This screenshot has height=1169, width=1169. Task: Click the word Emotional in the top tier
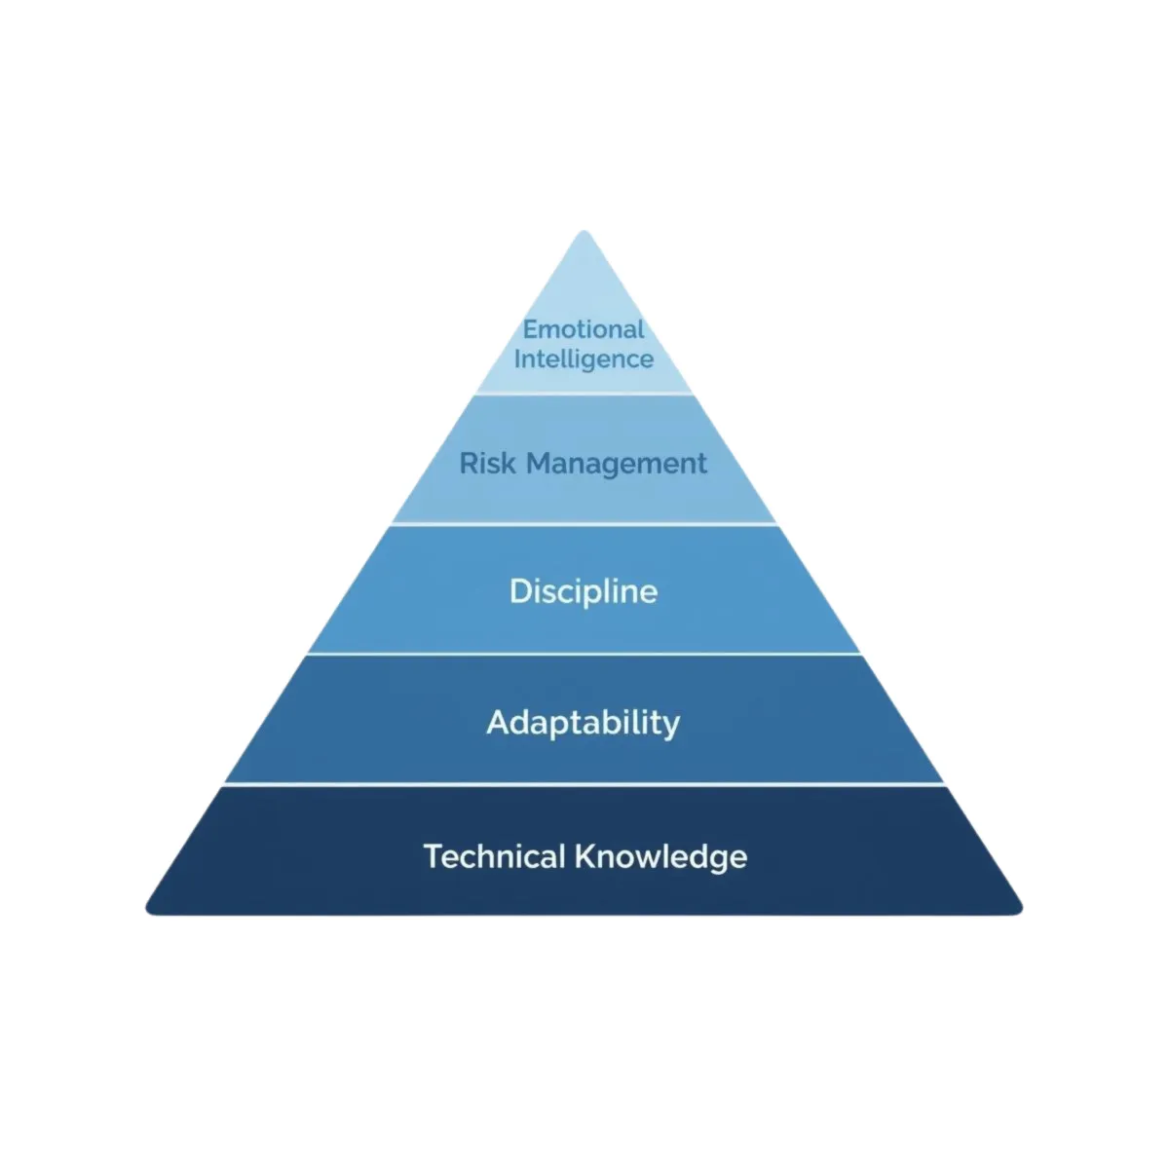(x=584, y=329)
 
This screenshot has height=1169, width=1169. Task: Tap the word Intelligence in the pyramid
(x=584, y=359)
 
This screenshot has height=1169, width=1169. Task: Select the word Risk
(x=487, y=463)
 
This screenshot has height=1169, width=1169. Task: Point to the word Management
(x=617, y=465)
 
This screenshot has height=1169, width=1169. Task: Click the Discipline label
(x=584, y=591)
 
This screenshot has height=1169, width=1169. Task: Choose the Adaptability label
(x=584, y=723)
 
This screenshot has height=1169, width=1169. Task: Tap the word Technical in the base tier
(x=494, y=856)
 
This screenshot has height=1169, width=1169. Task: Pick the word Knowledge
(x=661, y=858)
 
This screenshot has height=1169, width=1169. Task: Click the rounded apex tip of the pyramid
(x=584, y=235)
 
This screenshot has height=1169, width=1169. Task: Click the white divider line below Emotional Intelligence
(x=584, y=394)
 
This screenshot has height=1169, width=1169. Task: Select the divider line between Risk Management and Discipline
(x=584, y=524)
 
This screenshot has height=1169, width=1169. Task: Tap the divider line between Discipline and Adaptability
(x=584, y=654)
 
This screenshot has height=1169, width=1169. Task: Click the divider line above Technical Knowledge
(x=584, y=784)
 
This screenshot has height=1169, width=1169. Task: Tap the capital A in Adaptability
(x=498, y=723)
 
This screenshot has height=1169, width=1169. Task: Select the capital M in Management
(x=539, y=463)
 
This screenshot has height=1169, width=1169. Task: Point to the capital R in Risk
(x=469, y=463)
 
